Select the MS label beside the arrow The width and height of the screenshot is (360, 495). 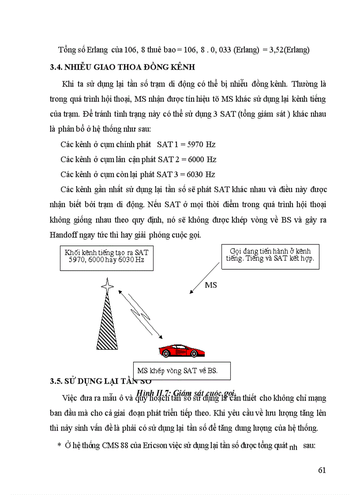[x=211, y=285]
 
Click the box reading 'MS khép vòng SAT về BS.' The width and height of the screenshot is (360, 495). [x=182, y=370]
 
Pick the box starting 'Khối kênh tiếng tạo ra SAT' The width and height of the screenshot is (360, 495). [x=106, y=256]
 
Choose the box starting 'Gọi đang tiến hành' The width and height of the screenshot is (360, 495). [x=270, y=255]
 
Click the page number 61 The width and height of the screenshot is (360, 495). [x=322, y=470]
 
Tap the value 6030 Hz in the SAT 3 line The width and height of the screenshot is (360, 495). [x=198, y=174]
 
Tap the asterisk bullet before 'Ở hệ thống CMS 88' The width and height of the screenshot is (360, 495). [x=59, y=446]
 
